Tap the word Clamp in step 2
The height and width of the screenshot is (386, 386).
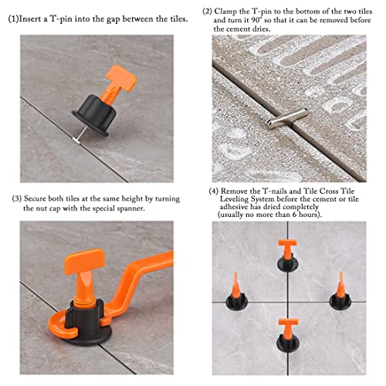click(232, 12)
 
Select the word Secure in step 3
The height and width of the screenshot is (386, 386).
click(42, 198)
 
